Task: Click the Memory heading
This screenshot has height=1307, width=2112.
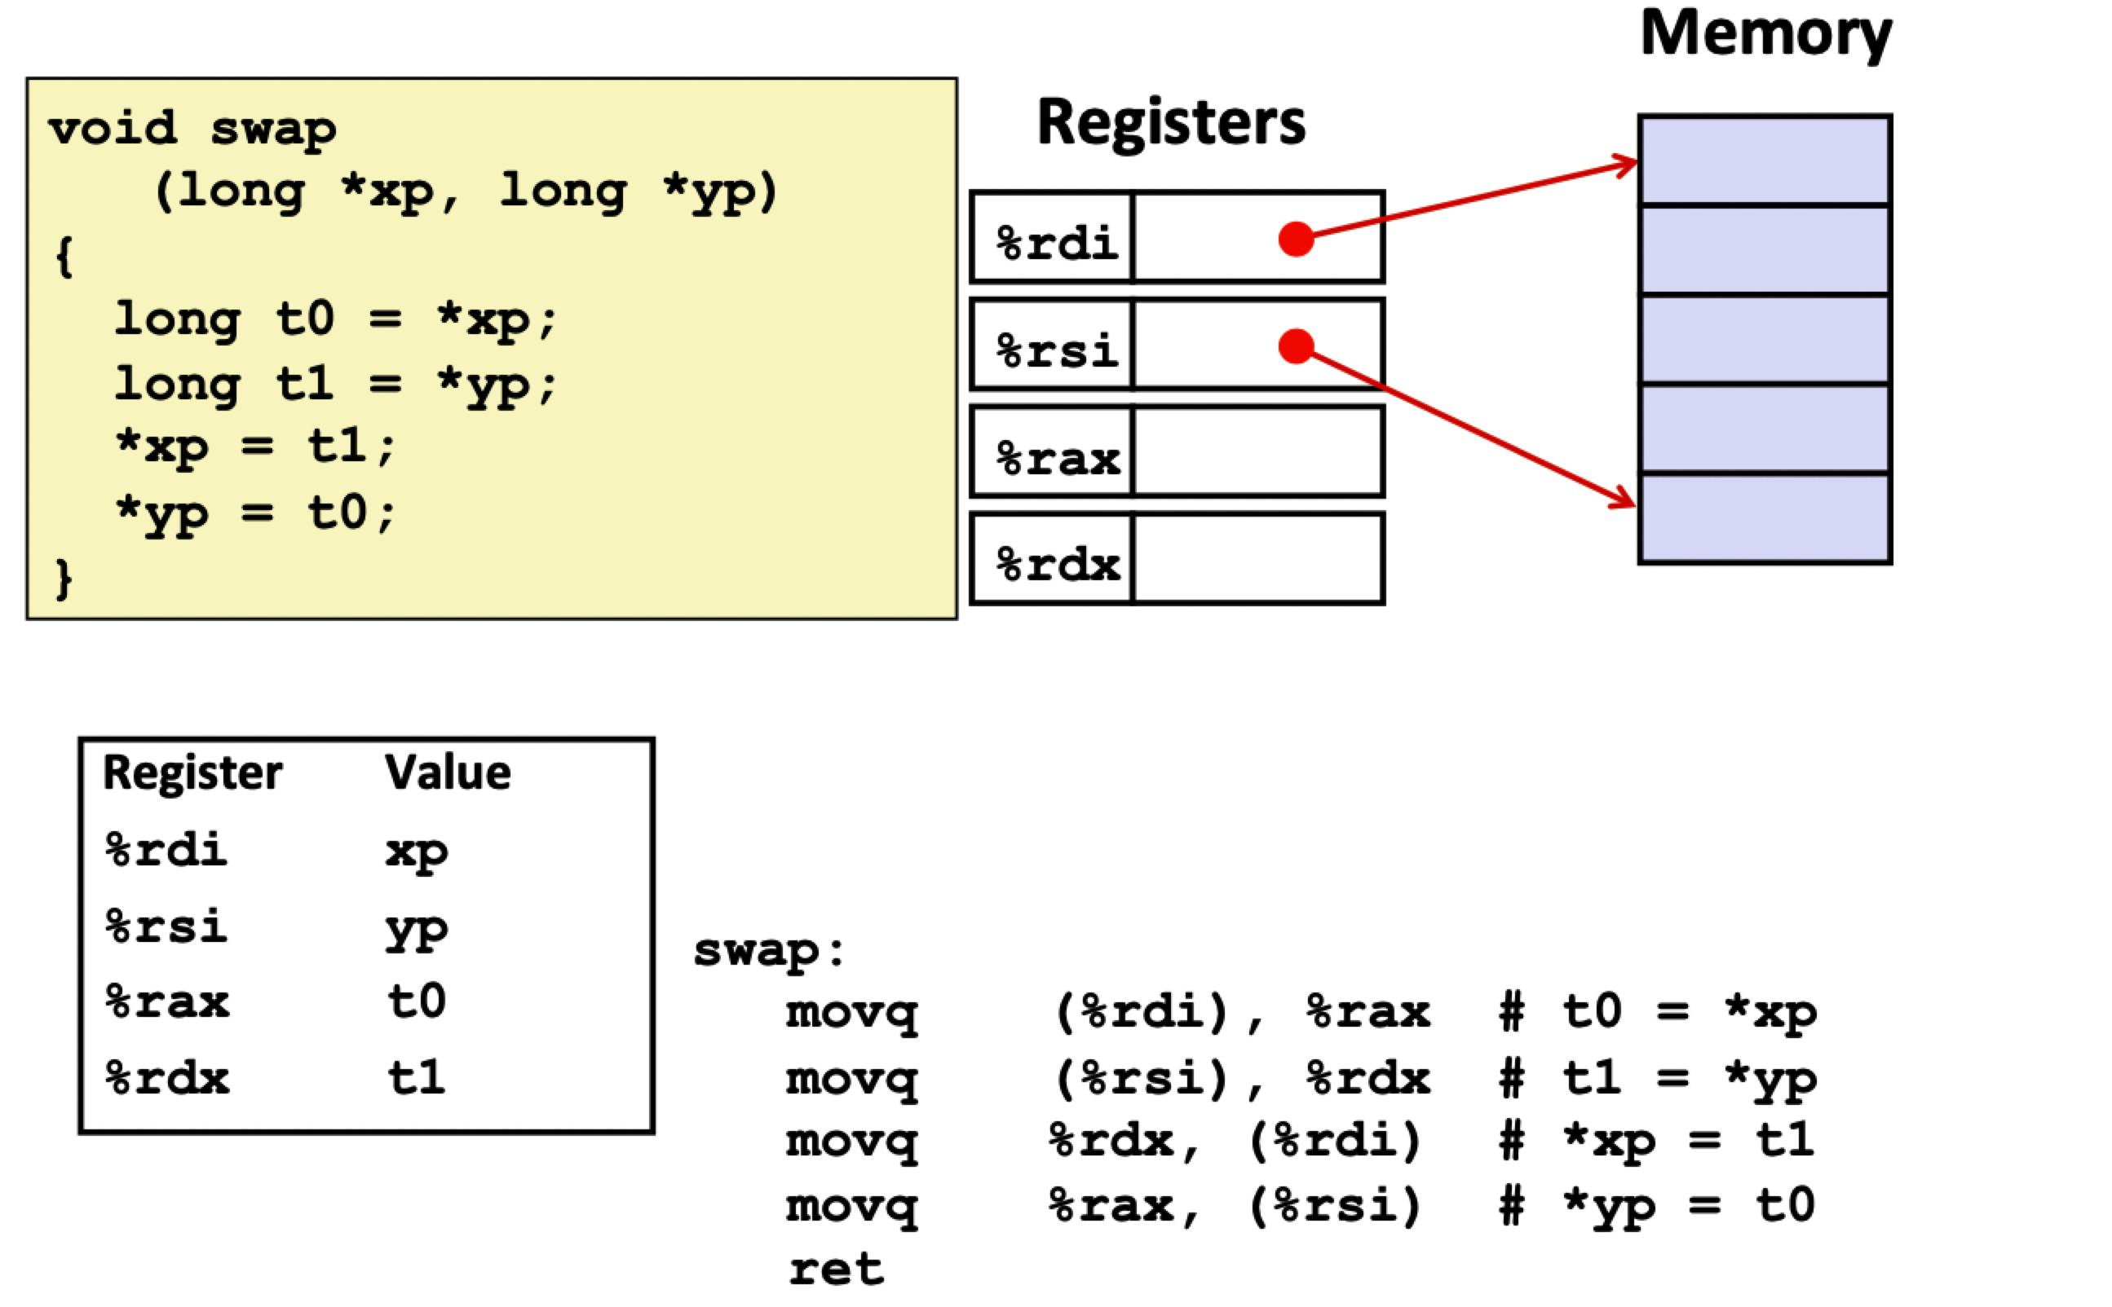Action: click(x=1765, y=34)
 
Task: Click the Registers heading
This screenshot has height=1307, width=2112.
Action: click(x=1170, y=122)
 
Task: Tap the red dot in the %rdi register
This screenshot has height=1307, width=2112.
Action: click(x=1295, y=239)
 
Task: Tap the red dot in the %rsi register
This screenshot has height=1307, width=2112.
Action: click(x=1295, y=345)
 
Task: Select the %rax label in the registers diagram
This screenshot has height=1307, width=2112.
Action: click(x=1057, y=458)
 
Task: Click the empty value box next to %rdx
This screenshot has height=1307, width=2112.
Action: click(x=1257, y=559)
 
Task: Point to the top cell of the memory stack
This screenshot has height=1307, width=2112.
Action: click(x=1764, y=161)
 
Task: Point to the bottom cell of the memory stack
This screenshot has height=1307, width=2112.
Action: click(x=1764, y=519)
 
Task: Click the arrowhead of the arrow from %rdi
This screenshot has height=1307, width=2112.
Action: click(x=1626, y=163)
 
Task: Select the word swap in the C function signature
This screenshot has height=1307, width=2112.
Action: click(x=273, y=130)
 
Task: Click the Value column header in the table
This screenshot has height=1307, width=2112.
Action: click(x=447, y=772)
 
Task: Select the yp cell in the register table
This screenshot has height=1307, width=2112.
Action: click(x=416, y=928)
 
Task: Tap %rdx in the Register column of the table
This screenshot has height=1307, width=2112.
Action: click(x=167, y=1078)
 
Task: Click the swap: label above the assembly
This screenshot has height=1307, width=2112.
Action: click(x=768, y=951)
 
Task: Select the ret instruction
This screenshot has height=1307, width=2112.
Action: click(x=836, y=1269)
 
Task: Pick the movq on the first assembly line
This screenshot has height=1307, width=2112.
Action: click(x=851, y=1011)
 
